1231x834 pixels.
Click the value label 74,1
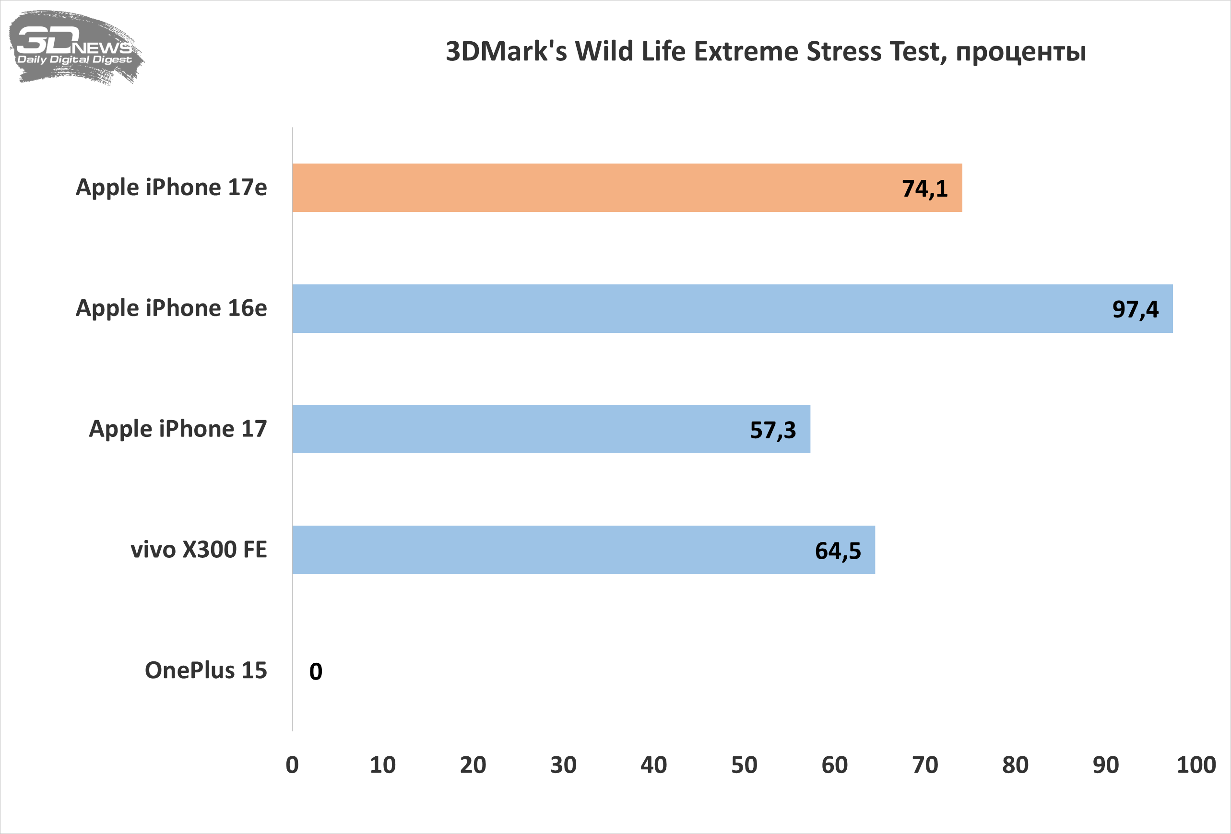click(924, 189)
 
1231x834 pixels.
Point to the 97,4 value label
click(1135, 310)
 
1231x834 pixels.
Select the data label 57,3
click(773, 431)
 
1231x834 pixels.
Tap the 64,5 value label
click(838, 551)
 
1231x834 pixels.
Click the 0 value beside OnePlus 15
click(316, 671)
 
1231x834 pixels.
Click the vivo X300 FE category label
click(199, 550)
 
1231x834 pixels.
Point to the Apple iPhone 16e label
click(171, 308)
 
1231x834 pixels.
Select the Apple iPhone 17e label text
click(171, 188)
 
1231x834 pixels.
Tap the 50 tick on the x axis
click(744, 765)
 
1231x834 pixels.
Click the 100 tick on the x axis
click(1196, 765)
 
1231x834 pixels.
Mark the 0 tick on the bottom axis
click(292, 765)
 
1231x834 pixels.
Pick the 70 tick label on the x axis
click(925, 765)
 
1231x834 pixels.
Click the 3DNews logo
click(75, 47)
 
